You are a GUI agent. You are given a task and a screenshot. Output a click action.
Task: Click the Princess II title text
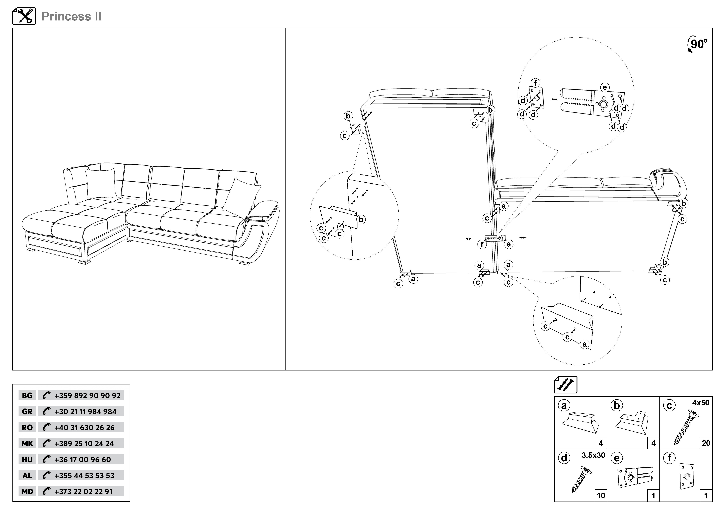tap(71, 16)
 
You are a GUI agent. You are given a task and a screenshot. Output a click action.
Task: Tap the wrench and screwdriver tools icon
tap(24, 16)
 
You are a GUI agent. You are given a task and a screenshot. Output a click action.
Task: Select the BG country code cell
tap(27, 395)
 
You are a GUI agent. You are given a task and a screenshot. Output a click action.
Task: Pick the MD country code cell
tap(27, 491)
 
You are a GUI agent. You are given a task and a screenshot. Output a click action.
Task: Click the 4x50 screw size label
tap(700, 403)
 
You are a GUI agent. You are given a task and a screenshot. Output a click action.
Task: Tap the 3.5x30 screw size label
tap(593, 455)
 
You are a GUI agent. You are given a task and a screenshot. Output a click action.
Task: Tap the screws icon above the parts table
tap(566, 385)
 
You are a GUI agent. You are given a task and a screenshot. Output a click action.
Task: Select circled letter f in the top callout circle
tap(535, 83)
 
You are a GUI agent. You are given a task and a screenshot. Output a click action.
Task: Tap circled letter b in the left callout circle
tap(361, 219)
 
